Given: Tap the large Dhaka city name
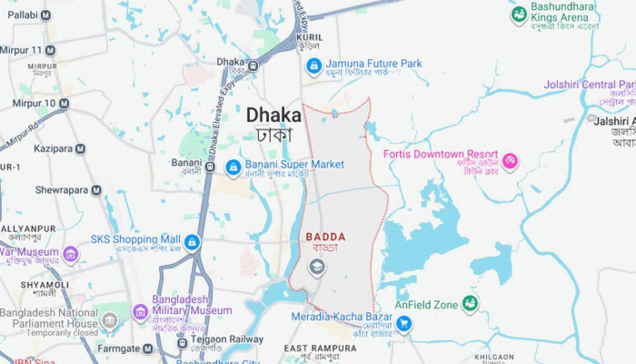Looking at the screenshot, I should pos(273,116).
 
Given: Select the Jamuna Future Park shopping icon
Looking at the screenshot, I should pos(313,66).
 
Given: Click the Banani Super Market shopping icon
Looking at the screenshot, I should pos(233,167).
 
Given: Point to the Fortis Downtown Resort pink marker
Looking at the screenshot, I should pos(510,162).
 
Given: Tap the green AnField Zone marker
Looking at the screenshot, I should pos(470,303).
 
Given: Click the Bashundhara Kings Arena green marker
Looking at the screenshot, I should pos(519,14).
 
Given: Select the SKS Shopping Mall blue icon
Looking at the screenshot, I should pos(194,242).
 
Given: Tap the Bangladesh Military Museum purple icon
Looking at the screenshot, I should pos(140,312).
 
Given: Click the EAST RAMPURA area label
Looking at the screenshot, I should pos(321,349).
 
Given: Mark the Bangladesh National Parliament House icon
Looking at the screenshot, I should pos(110,322).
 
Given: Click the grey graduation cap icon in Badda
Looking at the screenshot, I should pos(316,267).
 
